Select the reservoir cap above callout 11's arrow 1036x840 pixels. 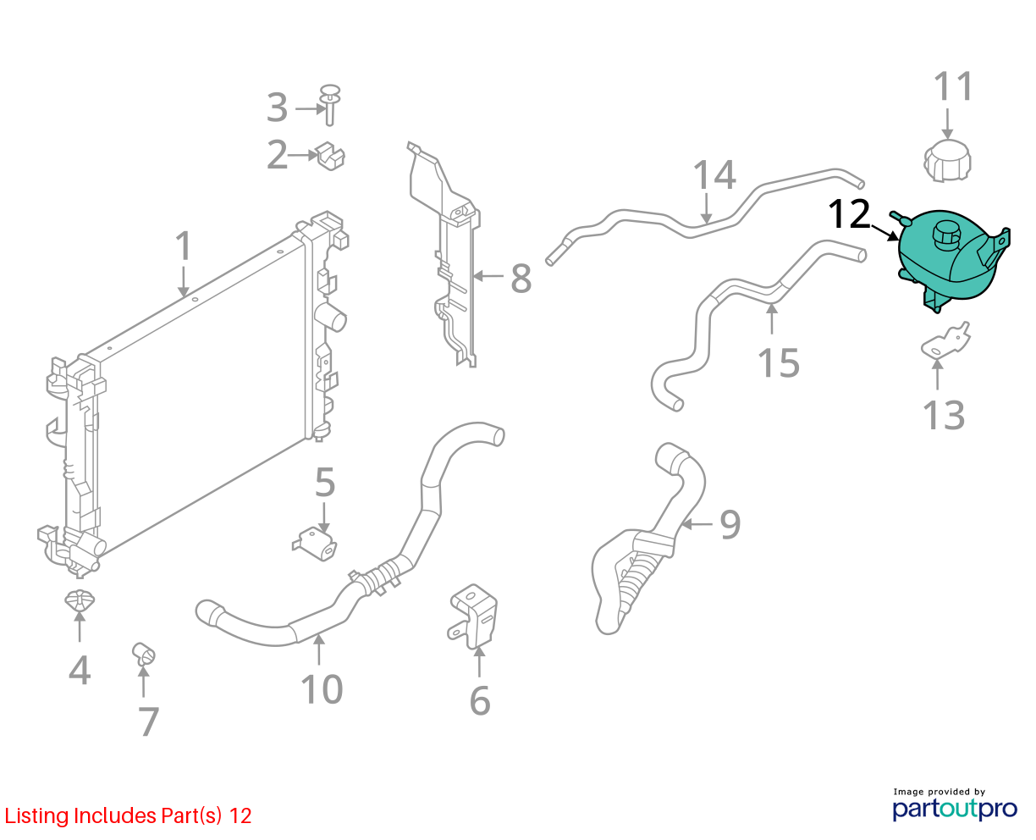coord(947,161)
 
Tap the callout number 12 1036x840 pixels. coord(849,214)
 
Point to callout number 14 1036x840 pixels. coord(714,174)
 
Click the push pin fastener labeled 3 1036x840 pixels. coord(329,105)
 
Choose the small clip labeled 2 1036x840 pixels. coord(331,156)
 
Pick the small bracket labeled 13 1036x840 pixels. coord(945,340)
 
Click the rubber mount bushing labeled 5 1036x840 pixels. coord(315,544)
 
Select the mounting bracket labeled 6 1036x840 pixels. coord(472,616)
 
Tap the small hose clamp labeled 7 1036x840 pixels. coord(144,654)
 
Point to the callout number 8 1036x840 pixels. coord(521,279)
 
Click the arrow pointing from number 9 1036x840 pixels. coord(697,524)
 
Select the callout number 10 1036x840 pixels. coord(322,689)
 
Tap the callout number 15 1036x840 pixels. coord(778,362)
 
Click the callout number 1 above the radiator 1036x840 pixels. coord(184,246)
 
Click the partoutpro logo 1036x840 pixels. coord(954,809)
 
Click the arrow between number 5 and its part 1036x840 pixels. coord(324,517)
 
